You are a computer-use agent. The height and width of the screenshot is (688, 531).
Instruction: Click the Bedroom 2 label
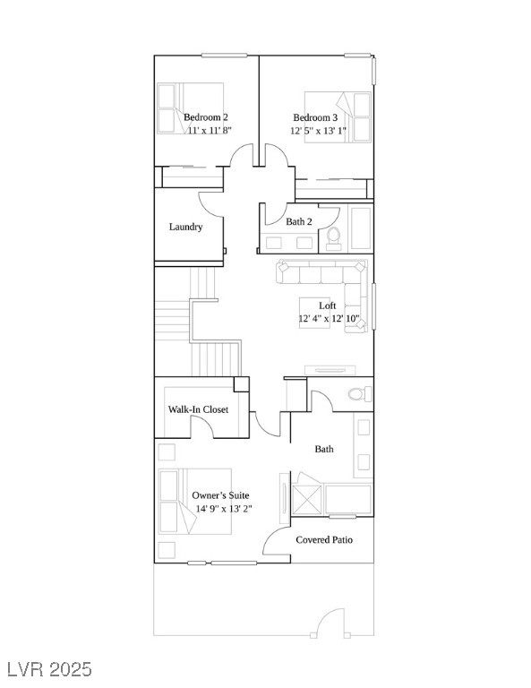tap(206, 117)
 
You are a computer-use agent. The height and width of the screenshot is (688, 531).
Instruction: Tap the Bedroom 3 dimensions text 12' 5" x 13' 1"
tap(319, 130)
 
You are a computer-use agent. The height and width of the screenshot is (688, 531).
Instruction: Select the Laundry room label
tap(186, 227)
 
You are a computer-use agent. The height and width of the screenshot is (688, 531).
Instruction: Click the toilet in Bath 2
tap(334, 238)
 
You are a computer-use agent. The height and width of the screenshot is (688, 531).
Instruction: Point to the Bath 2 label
tap(299, 221)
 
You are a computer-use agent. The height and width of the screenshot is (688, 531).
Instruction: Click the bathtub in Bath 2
tap(361, 228)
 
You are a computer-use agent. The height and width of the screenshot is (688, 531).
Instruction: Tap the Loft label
tap(328, 305)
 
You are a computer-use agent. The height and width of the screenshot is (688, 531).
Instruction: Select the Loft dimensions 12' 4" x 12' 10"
tap(330, 319)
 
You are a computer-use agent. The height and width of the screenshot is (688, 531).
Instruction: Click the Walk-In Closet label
tap(198, 409)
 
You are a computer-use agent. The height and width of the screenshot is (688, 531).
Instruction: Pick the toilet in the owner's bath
tap(360, 393)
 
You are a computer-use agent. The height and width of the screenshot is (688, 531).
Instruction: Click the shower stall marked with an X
tap(306, 500)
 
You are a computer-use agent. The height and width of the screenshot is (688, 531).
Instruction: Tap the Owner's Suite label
tap(220, 495)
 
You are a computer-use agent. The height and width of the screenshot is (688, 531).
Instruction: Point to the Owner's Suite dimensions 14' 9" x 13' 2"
tap(224, 509)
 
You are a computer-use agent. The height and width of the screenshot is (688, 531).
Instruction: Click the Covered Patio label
tap(324, 539)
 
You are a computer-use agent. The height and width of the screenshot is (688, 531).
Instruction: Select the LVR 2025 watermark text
tap(46, 669)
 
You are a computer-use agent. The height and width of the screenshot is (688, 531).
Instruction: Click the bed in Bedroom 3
tap(338, 117)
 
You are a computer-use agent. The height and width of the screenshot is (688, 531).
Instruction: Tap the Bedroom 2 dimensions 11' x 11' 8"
tap(210, 130)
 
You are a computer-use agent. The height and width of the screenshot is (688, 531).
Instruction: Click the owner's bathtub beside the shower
tap(348, 499)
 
